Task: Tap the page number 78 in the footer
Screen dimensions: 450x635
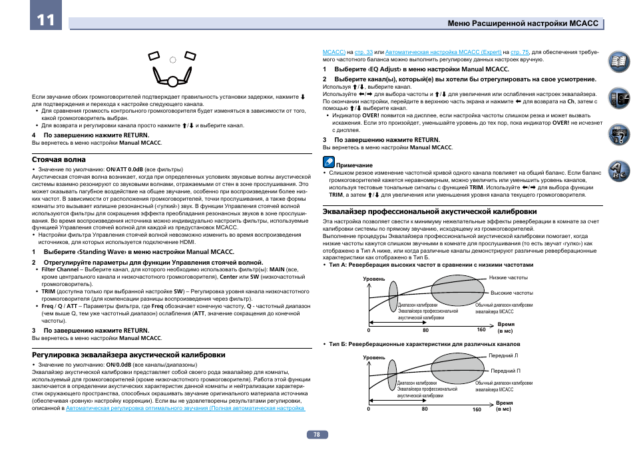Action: [317, 434]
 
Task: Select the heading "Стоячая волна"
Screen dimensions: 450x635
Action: [59, 160]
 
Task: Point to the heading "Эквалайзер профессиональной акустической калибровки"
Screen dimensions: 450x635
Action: [430, 211]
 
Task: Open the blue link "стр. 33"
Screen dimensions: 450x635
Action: [364, 51]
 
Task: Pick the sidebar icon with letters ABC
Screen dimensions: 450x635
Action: [620, 171]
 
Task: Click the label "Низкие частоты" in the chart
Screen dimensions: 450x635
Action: [509, 277]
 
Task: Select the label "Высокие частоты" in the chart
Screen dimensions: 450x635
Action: [511, 293]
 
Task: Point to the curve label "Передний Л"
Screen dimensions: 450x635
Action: [504, 355]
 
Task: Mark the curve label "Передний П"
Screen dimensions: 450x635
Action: [505, 371]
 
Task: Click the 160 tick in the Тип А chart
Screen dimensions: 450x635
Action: [481, 330]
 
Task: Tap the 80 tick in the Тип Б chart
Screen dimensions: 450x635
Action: [425, 409]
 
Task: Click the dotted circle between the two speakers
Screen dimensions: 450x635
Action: [172, 60]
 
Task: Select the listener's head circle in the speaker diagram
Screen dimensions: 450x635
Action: [172, 81]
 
